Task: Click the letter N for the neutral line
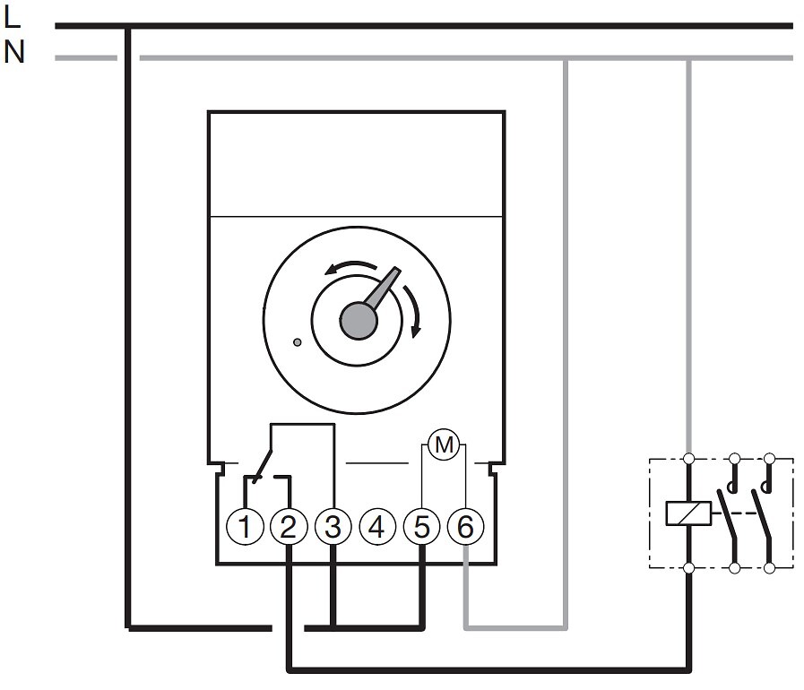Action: pos(13,52)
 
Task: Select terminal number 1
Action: pos(245,527)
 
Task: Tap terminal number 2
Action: pos(289,527)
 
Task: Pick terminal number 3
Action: pos(333,527)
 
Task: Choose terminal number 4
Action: pos(377,527)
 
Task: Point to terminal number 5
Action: pos(421,527)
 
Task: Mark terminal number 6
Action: pos(465,527)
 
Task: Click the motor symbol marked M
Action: pos(444,444)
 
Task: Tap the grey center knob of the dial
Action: pos(359,321)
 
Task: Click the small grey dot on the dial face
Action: pos(297,342)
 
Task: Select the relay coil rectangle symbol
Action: pos(688,513)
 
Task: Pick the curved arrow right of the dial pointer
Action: pos(413,311)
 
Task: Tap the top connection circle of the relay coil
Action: pos(689,458)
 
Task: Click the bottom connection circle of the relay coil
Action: pos(689,568)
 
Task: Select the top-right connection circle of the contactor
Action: pos(769,458)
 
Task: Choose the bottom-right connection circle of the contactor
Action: pos(769,568)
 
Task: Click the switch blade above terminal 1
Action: pos(263,465)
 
